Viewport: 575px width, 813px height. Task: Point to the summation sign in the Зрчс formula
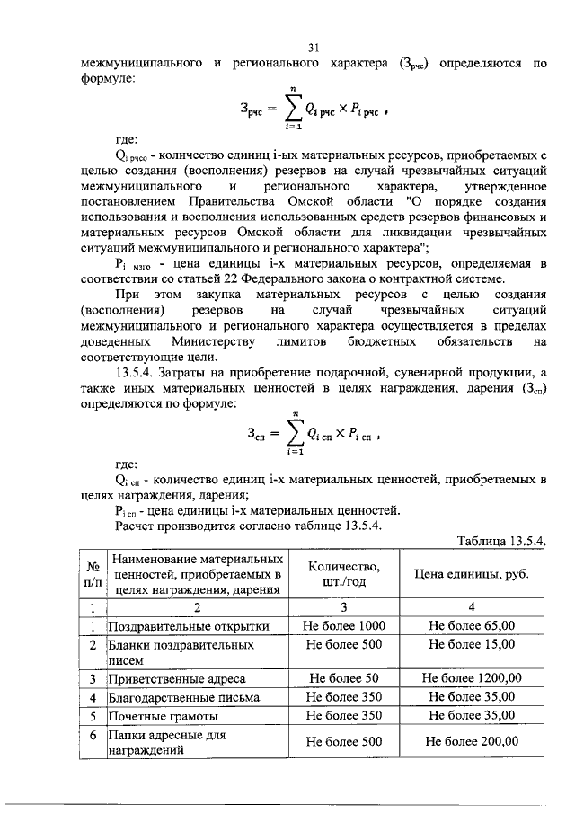(x=291, y=111)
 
